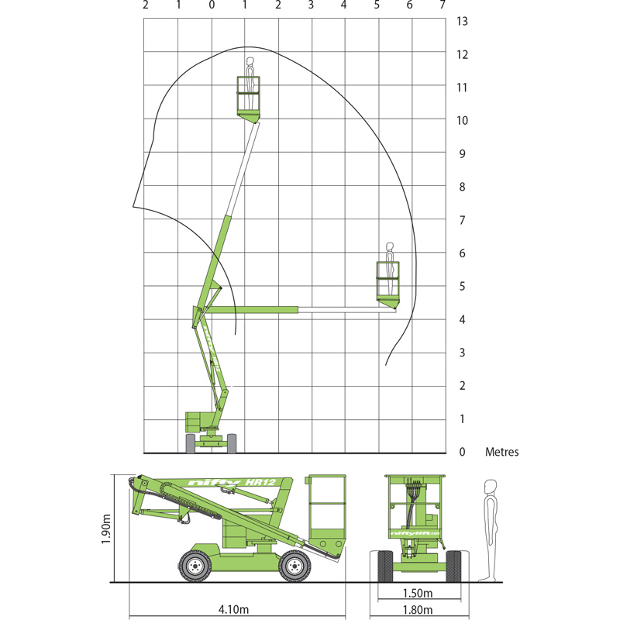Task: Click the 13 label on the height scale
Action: tap(462, 21)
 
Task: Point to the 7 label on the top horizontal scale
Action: tap(443, 5)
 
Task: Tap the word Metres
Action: tap(501, 452)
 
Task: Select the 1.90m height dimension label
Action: tap(106, 529)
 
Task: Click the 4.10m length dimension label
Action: tap(234, 609)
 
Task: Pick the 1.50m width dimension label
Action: tap(418, 593)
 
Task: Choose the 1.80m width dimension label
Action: tap(418, 610)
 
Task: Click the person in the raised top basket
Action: tap(250, 83)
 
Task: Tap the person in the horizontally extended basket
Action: tap(390, 268)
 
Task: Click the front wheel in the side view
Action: tap(294, 567)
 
